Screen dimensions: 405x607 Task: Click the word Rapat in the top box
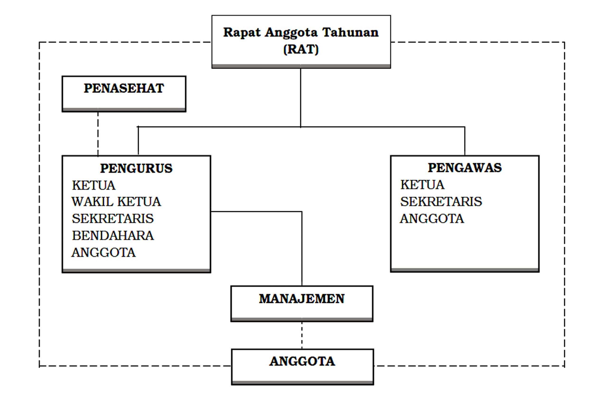242,32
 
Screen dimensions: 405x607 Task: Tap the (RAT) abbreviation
301,49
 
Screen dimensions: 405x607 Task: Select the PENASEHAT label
124,88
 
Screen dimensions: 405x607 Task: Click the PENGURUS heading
136,168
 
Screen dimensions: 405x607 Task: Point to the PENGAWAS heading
465,168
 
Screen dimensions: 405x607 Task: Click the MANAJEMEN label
302,299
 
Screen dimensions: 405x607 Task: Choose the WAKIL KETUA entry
116,202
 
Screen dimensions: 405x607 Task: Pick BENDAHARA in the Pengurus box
113,235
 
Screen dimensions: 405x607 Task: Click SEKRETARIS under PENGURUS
113,219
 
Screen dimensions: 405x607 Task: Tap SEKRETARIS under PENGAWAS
441,202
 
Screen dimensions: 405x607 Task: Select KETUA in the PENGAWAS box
422,185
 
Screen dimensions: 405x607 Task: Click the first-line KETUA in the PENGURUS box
94,185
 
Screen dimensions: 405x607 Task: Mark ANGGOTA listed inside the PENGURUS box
104,252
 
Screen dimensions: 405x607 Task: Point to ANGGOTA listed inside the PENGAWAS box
432,219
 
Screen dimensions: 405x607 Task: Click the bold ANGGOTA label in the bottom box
302,361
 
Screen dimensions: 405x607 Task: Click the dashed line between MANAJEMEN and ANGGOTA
302,335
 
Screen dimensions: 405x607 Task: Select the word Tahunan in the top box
350,32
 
